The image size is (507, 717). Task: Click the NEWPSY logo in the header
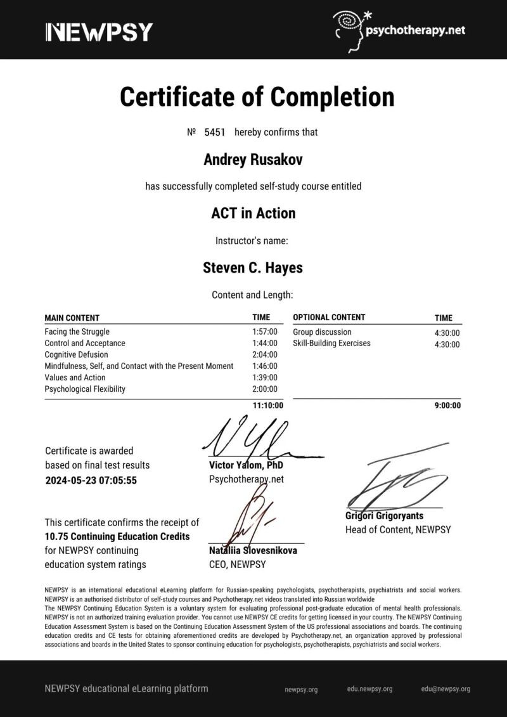[x=99, y=31]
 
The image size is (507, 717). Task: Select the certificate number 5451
[x=214, y=132]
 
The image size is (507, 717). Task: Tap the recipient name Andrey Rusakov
[x=253, y=160]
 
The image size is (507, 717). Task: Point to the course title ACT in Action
[x=253, y=213]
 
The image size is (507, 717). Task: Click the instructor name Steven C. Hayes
[x=253, y=268]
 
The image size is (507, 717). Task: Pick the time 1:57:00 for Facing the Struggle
[x=264, y=332]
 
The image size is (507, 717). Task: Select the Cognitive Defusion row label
[x=76, y=354]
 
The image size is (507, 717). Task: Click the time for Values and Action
[x=264, y=377]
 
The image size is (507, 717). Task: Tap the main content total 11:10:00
[x=267, y=406]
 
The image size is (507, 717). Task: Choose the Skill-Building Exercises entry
[x=331, y=343]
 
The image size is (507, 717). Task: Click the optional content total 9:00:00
[x=447, y=406]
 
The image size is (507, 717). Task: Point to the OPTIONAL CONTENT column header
[x=329, y=317]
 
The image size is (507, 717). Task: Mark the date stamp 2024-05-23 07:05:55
[x=91, y=480]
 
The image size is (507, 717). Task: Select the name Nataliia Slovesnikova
[x=253, y=550]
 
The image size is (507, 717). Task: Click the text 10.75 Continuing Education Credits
[x=117, y=536]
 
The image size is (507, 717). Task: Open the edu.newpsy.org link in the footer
[x=369, y=689]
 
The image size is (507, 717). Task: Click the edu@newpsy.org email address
[x=446, y=689]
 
